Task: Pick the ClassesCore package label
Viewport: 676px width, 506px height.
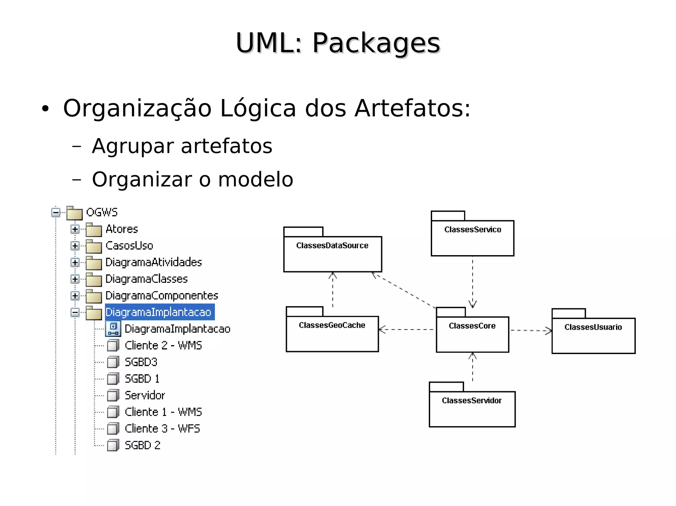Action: pyautogui.click(x=472, y=326)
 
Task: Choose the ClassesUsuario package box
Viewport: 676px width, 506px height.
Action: pyautogui.click(x=593, y=335)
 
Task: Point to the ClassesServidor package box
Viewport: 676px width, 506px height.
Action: pyautogui.click(x=472, y=409)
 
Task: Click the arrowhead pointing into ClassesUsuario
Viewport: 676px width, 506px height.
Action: pyautogui.click(x=549, y=331)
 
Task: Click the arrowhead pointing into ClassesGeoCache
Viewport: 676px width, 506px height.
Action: pyautogui.click(x=382, y=329)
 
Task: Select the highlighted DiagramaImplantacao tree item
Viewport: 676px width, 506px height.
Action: pyautogui.click(x=158, y=312)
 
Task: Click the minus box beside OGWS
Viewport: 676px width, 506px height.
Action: pyautogui.click(x=56, y=213)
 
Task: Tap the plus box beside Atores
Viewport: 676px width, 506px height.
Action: pyautogui.click(x=75, y=229)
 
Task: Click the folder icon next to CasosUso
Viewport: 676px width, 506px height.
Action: pyautogui.click(x=94, y=246)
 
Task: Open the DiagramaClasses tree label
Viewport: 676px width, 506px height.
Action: pyautogui.click(x=147, y=279)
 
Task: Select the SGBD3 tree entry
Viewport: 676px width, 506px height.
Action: pyautogui.click(x=141, y=362)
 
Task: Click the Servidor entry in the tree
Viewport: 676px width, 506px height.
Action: pyautogui.click(x=145, y=395)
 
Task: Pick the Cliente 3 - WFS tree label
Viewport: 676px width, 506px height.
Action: pyautogui.click(x=162, y=429)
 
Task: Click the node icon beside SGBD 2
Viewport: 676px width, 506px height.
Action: pyautogui.click(x=113, y=445)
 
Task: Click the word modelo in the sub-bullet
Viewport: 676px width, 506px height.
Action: pyautogui.click(x=255, y=180)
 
